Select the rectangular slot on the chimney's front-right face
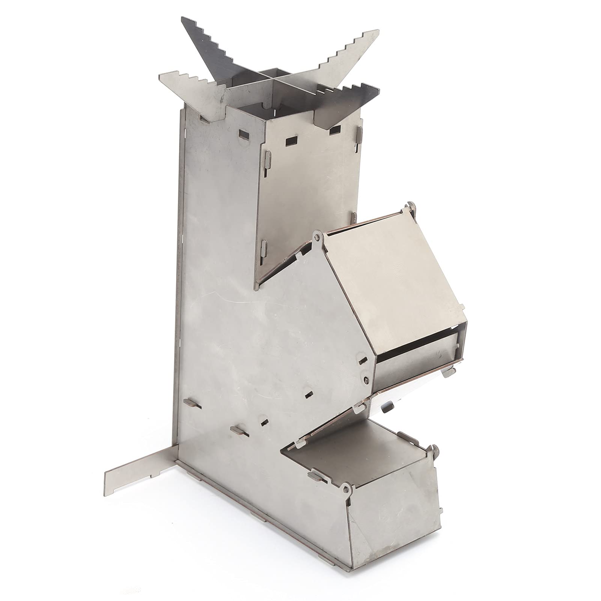[291, 141]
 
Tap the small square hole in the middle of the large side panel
[309, 395]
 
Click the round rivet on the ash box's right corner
[435, 447]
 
